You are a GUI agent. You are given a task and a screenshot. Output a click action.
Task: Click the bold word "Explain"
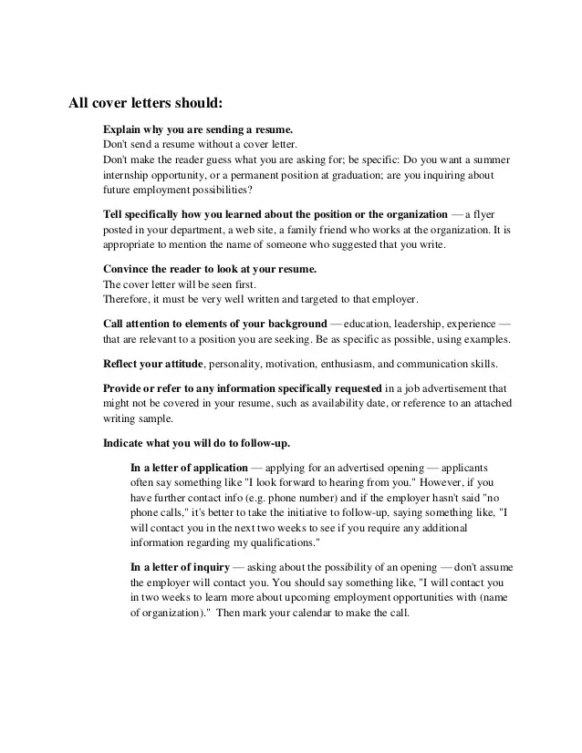click(122, 129)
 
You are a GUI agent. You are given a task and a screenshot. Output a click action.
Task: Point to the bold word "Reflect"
click(124, 364)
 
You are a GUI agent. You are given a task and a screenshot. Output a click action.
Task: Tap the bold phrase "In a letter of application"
click(190, 468)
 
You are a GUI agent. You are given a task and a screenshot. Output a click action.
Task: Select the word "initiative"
click(296, 513)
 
